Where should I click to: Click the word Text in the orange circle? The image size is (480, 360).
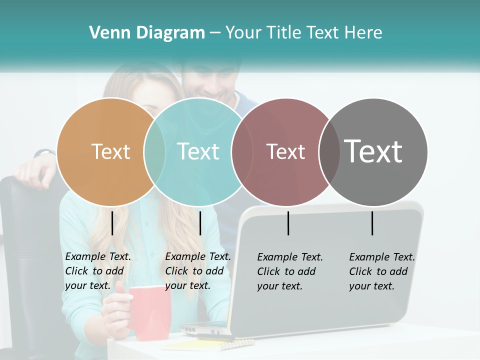[110, 151]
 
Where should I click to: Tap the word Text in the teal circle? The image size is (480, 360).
[198, 151]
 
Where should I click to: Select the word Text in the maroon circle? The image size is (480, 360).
[285, 151]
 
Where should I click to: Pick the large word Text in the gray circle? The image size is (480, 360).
[373, 151]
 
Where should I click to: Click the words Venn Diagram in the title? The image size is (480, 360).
[147, 32]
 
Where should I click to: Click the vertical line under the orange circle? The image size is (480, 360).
[112, 223]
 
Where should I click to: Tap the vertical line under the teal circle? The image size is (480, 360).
[200, 223]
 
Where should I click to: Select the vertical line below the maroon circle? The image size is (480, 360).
[288, 223]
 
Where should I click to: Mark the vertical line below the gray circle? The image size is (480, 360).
[372, 223]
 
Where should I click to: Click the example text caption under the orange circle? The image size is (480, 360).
[97, 271]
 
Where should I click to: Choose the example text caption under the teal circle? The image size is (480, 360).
[197, 271]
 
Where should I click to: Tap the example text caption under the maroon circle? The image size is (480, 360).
[289, 271]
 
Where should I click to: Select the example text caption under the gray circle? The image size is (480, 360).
[381, 271]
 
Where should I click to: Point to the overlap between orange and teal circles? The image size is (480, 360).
[154, 151]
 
